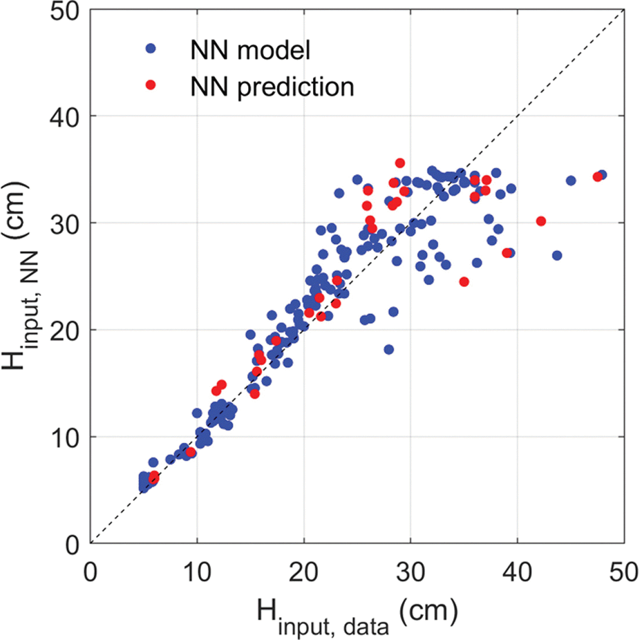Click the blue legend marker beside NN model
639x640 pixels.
(151, 48)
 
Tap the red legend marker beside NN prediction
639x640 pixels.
(151, 85)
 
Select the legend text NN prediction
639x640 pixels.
(272, 87)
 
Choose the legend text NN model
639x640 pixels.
(250, 50)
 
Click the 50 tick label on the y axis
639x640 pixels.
(64, 11)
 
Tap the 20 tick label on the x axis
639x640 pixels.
(304, 572)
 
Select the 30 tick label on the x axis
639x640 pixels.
(410, 572)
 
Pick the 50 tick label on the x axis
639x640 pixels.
(623, 572)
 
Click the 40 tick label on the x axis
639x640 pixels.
(517, 572)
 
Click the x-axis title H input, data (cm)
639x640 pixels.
(357, 616)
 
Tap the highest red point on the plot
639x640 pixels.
(400, 163)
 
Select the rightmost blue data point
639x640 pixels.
(602, 175)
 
